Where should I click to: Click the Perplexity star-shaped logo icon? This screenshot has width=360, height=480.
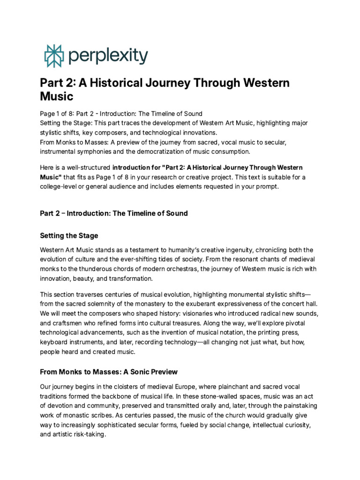[53, 56]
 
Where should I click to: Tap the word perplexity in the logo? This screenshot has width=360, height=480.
[107, 57]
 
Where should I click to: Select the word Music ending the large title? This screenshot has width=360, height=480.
[57, 97]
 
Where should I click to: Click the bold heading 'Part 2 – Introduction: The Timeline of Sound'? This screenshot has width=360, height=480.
[114, 213]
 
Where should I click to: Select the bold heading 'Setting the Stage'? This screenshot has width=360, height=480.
[69, 235]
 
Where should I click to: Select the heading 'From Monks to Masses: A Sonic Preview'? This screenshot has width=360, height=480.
[109, 372]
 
